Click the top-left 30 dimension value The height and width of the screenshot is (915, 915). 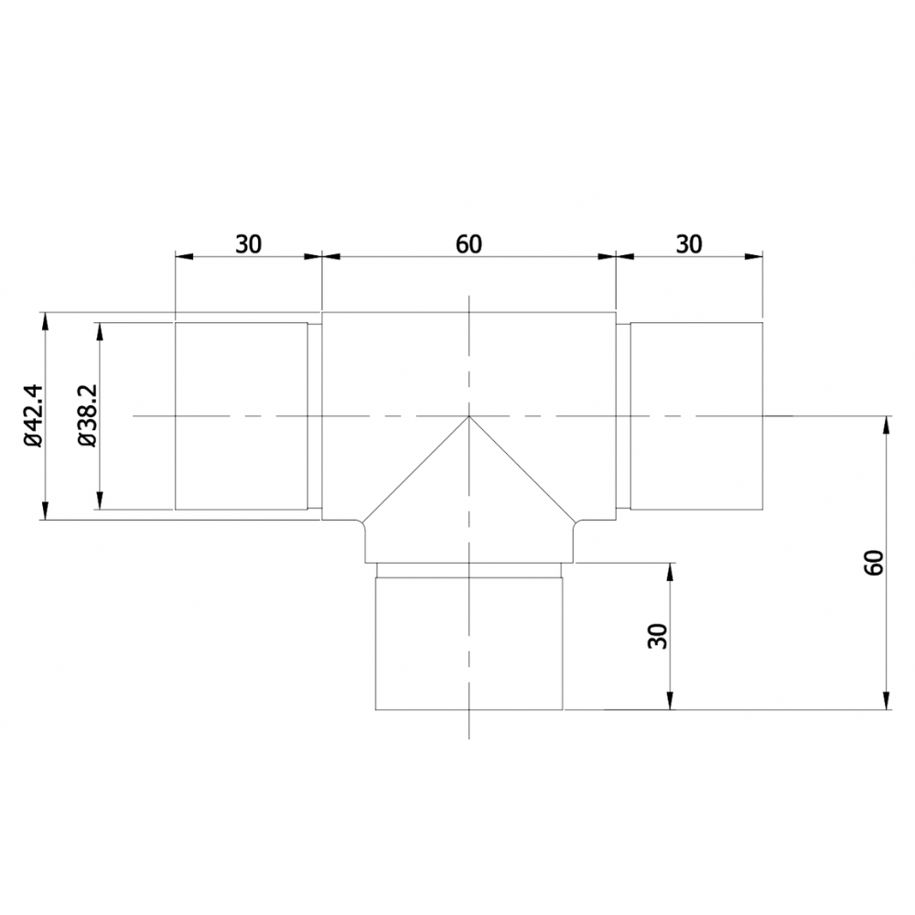249,243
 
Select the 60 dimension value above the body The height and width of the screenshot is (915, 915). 468,243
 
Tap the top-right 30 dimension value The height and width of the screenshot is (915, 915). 689,243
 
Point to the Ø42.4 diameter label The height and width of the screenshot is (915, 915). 34,416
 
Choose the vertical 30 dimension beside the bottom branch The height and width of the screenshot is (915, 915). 657,636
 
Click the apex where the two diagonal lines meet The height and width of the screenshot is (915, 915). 468,416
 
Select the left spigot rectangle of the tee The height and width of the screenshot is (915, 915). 241,416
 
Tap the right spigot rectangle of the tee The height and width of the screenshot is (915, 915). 696,416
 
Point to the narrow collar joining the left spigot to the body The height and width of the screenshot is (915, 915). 315,416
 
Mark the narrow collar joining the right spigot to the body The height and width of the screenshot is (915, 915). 622,416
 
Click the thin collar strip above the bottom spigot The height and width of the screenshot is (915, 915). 468,569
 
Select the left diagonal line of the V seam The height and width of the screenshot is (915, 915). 416,469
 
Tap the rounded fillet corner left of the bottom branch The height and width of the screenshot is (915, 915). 361,525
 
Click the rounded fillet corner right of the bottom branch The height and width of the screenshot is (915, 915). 576,525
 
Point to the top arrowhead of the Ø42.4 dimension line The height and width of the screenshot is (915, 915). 43,319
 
